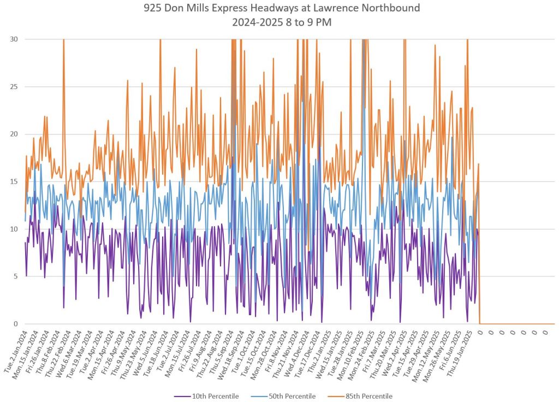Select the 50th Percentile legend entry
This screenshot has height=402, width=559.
pyautogui.click(x=292, y=396)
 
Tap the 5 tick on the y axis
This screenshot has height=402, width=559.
pyautogui.click(x=14, y=276)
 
